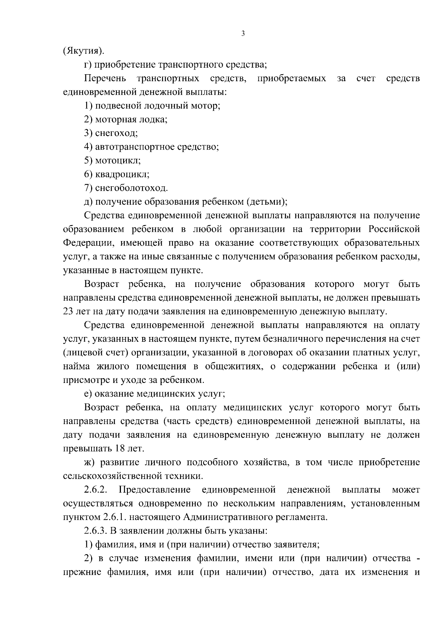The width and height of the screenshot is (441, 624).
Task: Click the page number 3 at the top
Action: click(x=243, y=34)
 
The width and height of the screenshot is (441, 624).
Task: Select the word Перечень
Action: click(x=105, y=79)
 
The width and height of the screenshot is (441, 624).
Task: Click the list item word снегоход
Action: click(x=116, y=134)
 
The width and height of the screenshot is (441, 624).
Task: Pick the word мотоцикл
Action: click(x=118, y=161)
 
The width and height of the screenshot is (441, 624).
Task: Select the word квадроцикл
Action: click(x=122, y=175)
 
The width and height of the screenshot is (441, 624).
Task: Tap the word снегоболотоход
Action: click(x=131, y=189)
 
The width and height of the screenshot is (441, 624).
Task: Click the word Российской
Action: click(x=394, y=230)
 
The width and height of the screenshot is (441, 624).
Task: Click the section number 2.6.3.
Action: click(x=96, y=532)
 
